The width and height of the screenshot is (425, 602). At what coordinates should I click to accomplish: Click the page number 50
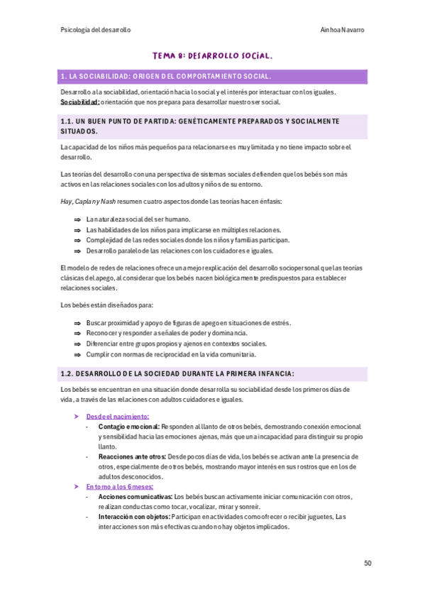point(368,563)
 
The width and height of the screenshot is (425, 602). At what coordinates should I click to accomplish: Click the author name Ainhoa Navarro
point(343,30)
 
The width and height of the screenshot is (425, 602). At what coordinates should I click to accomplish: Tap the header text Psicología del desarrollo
point(96,30)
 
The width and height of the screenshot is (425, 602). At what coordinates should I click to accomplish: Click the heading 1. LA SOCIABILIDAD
point(165,76)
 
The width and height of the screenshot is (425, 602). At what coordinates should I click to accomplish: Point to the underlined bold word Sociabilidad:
point(79,102)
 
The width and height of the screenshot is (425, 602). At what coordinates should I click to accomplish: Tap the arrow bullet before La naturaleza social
point(77,220)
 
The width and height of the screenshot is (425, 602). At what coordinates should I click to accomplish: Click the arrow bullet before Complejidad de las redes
point(77,240)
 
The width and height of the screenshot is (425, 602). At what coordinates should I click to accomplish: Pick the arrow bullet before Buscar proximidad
point(77,323)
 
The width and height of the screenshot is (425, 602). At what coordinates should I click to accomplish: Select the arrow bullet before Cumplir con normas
point(77,354)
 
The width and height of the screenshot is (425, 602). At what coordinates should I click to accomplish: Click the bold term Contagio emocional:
point(129,427)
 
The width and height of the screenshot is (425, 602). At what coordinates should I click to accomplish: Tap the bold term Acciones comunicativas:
point(135,497)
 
